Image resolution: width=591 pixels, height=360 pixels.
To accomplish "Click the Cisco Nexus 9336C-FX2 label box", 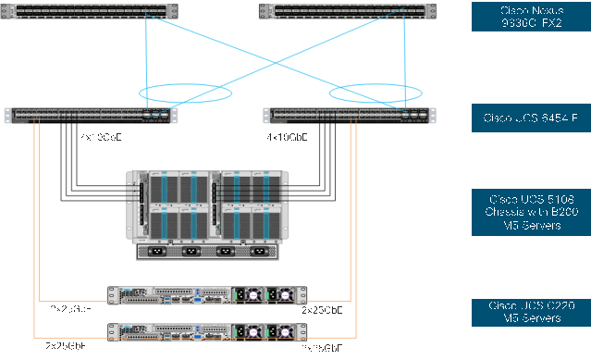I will click(x=530, y=16).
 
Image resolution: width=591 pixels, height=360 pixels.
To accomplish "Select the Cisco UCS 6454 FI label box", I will click(x=530, y=118).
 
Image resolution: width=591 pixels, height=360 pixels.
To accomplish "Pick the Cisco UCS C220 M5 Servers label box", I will click(x=530, y=312).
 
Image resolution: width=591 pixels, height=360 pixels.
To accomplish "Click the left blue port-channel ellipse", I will click(x=184, y=93).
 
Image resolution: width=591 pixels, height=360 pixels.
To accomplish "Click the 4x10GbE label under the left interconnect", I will click(x=99, y=136).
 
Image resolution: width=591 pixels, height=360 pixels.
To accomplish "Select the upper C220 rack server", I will click(x=204, y=294).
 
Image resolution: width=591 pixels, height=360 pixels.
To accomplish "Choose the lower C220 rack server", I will click(x=204, y=331).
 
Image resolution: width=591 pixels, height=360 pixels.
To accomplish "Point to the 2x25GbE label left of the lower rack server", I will click(x=67, y=345).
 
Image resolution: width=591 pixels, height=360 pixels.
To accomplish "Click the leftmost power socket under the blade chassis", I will click(x=157, y=251).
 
